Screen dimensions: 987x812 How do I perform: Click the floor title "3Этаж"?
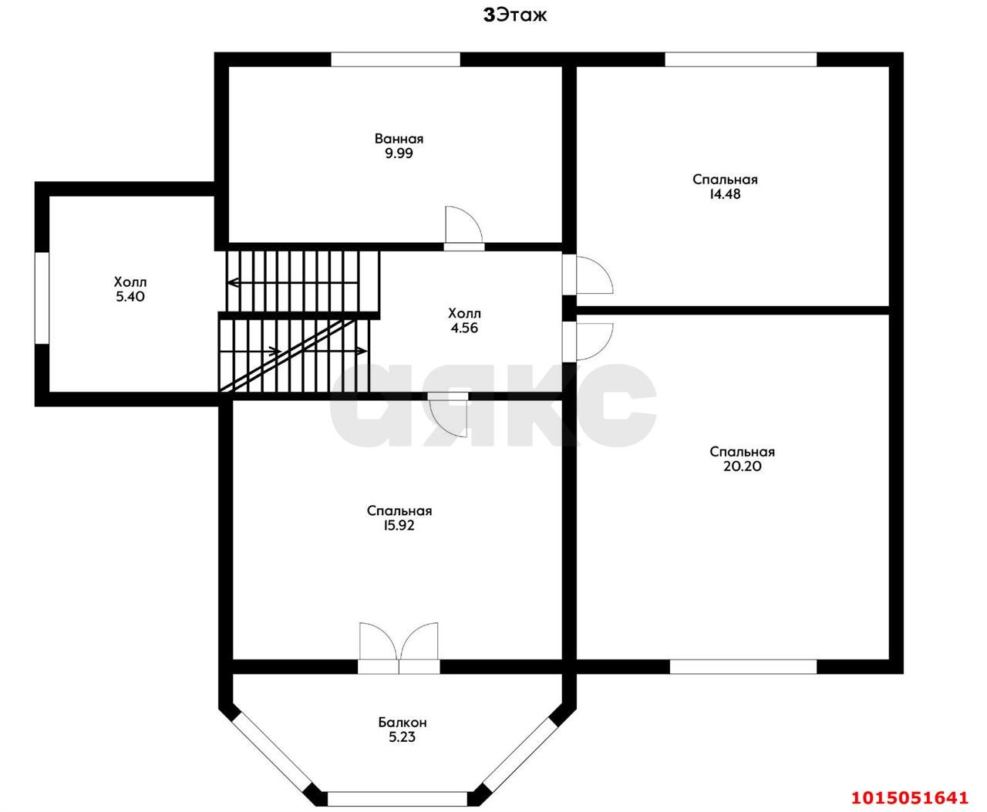point(515,15)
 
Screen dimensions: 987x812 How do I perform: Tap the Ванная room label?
point(399,139)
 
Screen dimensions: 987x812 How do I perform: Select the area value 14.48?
point(725,194)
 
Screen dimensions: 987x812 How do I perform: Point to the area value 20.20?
point(743,466)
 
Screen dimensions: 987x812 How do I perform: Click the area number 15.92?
point(399,525)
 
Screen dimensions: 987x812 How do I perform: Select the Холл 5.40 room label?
point(130,289)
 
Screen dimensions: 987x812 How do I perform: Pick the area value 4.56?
point(464,328)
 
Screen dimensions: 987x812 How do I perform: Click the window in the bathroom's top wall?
point(396,59)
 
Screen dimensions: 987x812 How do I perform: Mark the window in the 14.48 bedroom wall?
point(741,59)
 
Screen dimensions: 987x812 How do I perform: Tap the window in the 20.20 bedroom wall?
point(743,666)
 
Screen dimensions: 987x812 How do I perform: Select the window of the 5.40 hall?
point(42,298)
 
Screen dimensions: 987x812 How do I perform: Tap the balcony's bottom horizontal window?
point(397,798)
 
